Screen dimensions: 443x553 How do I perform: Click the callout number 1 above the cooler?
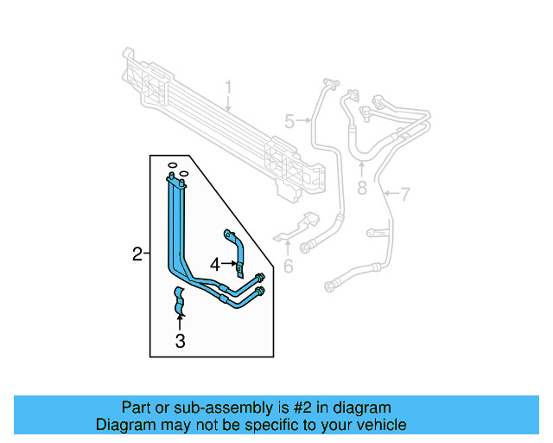click(x=229, y=88)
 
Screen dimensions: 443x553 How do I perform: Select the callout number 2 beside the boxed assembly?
click(x=137, y=254)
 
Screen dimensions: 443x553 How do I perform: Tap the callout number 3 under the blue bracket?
click(x=180, y=341)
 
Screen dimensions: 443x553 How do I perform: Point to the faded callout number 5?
click(x=289, y=121)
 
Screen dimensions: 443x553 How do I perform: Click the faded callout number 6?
click(x=289, y=266)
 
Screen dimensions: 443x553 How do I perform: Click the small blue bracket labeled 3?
click(x=180, y=299)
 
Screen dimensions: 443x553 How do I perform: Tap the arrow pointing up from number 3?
click(x=180, y=322)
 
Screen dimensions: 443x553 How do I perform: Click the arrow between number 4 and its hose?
click(x=228, y=263)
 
